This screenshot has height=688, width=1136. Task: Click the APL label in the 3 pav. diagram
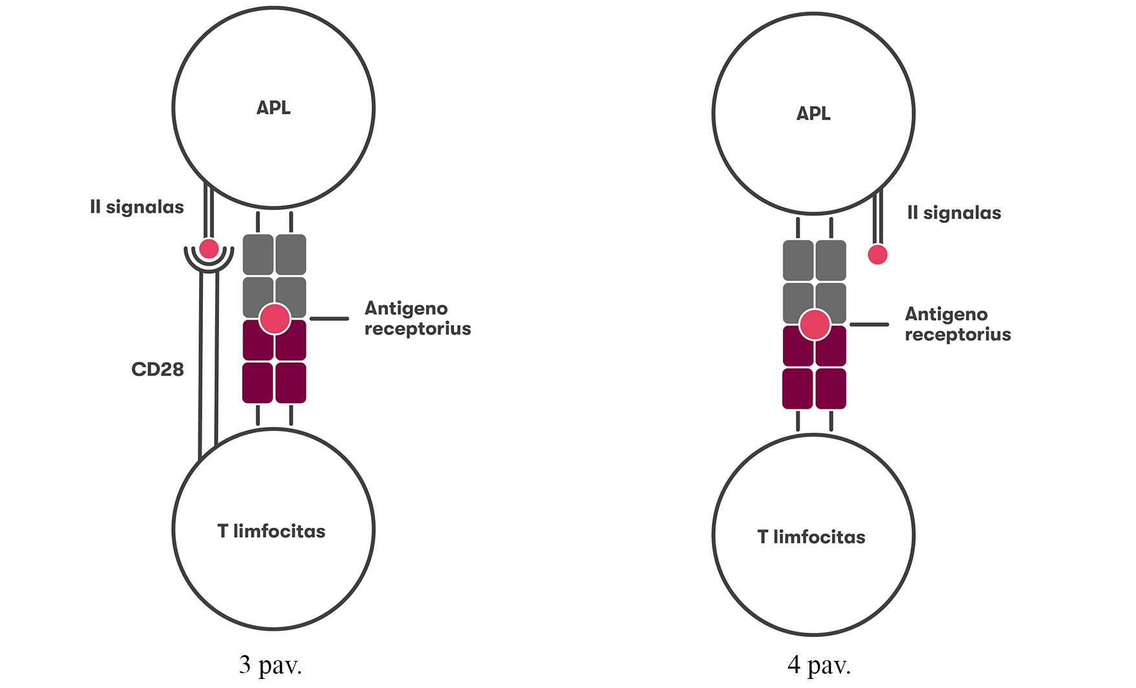click(x=273, y=108)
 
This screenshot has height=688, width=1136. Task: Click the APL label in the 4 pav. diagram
click(x=813, y=114)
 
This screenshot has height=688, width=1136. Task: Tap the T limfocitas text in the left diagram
click(x=272, y=531)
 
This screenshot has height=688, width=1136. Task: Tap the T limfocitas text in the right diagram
click(x=811, y=537)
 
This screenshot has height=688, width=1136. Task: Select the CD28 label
click(x=158, y=370)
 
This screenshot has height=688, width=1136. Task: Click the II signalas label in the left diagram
click(x=137, y=207)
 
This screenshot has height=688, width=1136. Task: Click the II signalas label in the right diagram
click(x=954, y=213)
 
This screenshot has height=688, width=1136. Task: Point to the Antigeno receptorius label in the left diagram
click(x=418, y=318)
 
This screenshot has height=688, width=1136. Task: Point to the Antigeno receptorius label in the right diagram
click(x=958, y=324)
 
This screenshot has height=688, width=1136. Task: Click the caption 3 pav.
click(x=270, y=665)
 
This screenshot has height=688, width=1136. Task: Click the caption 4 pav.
click(x=819, y=665)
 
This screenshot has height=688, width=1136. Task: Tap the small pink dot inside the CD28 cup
click(x=209, y=249)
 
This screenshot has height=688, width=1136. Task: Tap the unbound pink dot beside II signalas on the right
click(x=877, y=255)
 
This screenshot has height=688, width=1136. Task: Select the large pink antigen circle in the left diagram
click(x=275, y=318)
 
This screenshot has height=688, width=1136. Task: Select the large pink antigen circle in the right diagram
click(x=815, y=324)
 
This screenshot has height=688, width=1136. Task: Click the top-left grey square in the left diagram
click(x=258, y=254)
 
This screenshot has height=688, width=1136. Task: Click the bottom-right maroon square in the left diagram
click(x=291, y=382)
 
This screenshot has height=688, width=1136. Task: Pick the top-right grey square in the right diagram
click(x=831, y=260)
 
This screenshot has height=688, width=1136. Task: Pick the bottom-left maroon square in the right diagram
click(x=798, y=388)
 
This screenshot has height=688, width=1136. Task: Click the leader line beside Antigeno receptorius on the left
click(x=329, y=318)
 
